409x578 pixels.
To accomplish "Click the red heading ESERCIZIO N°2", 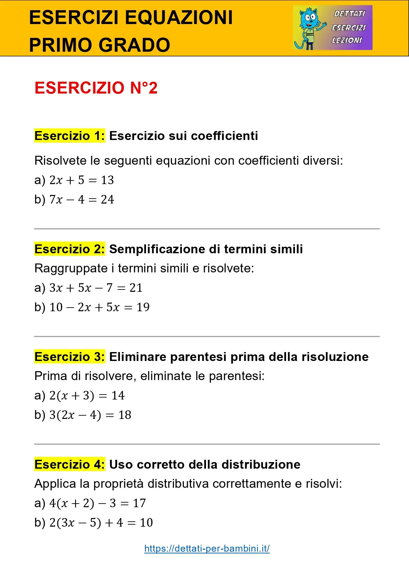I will point(96,88).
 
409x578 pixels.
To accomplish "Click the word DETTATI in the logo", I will point(350,14).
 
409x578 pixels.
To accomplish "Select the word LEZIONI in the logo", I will point(347,40).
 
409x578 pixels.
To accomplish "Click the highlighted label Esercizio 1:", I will point(70,136).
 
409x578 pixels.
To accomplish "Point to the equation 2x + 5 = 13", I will point(81,180).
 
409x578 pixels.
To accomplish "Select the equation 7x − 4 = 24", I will point(81,200).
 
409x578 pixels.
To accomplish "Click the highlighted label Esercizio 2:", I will point(70,249).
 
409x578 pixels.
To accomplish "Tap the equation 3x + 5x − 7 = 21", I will point(96,288).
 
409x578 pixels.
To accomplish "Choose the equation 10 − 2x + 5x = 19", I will point(99,307).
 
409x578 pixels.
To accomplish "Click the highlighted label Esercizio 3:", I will point(70,357).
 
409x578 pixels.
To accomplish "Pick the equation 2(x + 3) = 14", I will point(87,396).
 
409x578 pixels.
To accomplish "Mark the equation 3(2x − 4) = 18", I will point(90,415).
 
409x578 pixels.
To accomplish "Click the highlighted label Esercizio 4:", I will point(70,464).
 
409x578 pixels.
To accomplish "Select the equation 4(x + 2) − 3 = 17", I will point(97,503).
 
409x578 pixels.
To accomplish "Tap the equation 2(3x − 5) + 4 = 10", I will point(101,523).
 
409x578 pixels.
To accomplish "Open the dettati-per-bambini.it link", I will point(207,548).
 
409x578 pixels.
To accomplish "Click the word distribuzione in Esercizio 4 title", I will point(261,464).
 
